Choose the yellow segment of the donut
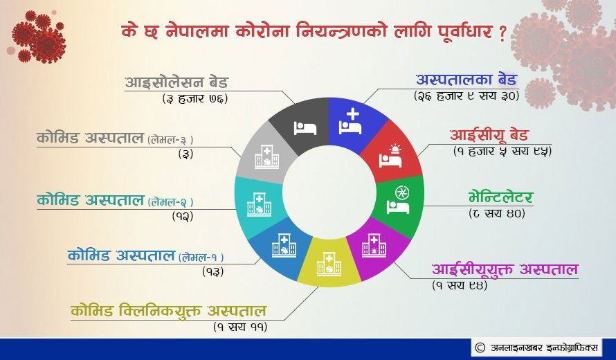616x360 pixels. click(x=329, y=262)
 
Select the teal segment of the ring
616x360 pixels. click(x=257, y=205)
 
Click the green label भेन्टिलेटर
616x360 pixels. click(x=501, y=197)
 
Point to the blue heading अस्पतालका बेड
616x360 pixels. click(x=466, y=80)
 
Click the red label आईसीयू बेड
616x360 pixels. click(x=489, y=135)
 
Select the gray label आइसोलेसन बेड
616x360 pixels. click(x=176, y=82)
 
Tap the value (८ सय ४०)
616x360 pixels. click(x=497, y=213)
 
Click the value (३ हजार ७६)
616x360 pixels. click(x=195, y=98)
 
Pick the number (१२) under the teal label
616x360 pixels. click(x=183, y=216)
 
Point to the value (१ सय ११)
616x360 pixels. click(x=240, y=327)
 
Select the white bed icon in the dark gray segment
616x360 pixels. click(x=305, y=128)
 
